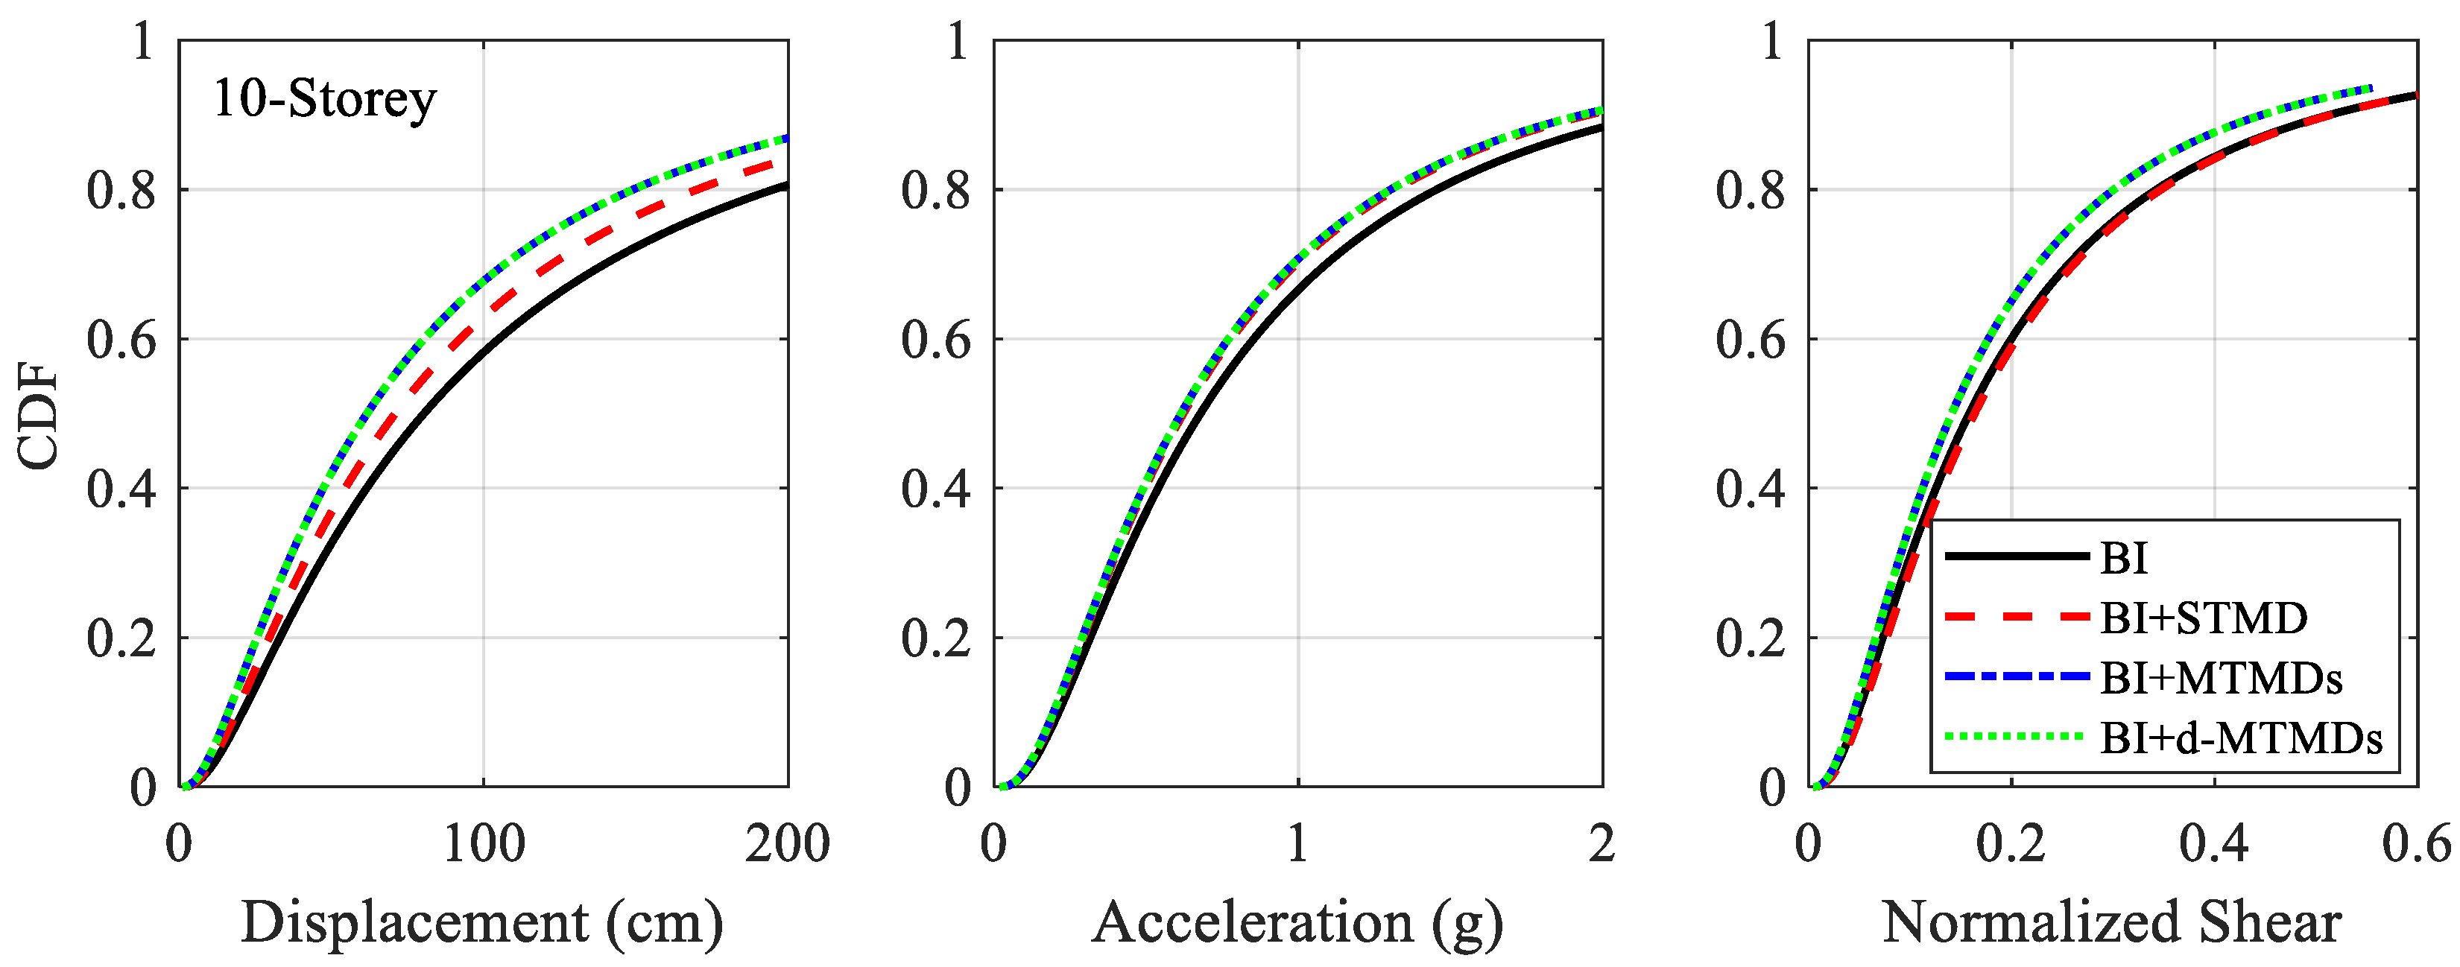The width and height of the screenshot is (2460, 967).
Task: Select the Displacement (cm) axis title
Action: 482,922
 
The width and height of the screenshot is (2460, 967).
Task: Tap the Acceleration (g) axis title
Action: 1297,922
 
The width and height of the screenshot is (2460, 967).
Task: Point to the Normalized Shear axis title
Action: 2111,922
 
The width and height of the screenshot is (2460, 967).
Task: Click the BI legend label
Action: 2124,557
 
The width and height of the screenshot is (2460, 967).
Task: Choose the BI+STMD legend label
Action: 2203,618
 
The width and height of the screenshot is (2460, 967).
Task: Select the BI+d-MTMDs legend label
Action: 2240,738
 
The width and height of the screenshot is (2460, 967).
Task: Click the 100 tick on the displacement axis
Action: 483,844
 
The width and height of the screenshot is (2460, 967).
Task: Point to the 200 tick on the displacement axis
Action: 788,844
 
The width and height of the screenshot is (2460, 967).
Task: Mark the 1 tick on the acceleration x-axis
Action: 1297,844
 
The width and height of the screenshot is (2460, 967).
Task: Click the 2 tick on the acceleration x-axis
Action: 1601,844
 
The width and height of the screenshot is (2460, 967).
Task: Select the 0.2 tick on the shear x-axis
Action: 2011,844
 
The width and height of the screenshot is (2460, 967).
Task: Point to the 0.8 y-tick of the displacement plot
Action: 121,191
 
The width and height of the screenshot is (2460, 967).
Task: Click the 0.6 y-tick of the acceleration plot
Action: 936,340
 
